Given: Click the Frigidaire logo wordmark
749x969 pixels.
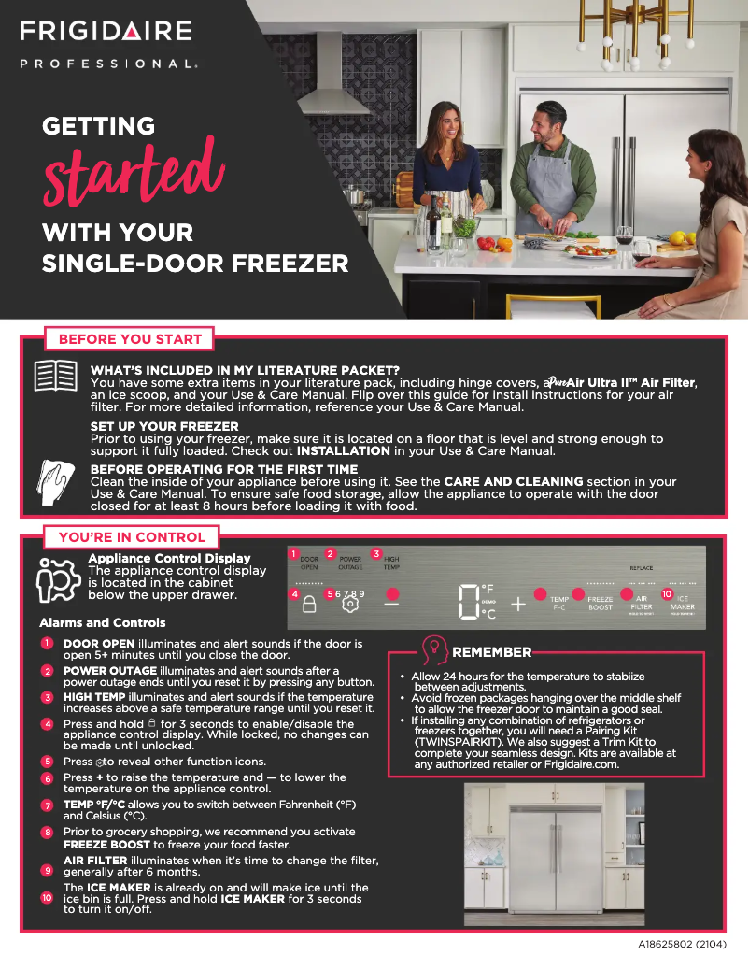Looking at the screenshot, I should [x=106, y=31].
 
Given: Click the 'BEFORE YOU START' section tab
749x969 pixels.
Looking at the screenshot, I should [x=130, y=339].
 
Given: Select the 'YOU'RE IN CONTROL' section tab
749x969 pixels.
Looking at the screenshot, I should [x=132, y=537].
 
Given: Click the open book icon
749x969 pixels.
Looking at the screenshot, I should [x=55, y=378].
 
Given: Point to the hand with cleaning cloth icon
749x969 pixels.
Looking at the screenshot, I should [x=55, y=482].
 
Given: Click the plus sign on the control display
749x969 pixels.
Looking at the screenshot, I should [x=517, y=604].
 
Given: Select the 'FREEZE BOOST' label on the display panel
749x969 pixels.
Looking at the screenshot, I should [x=600, y=604].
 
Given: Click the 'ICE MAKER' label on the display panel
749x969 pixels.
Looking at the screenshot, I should [x=682, y=603].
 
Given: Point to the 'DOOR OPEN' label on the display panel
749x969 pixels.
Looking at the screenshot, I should [x=309, y=563].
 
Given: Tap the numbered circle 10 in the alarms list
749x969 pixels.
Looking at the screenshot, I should [x=47, y=897].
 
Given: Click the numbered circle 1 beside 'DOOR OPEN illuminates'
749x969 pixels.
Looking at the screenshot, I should [x=47, y=643].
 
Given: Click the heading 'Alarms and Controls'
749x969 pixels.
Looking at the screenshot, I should [x=103, y=622].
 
